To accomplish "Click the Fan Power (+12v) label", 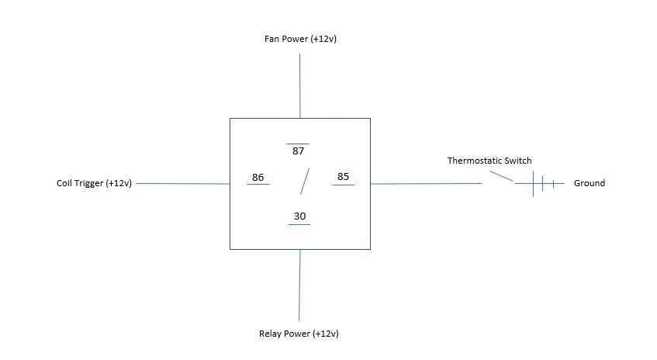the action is (x=300, y=39).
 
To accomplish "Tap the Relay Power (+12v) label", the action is (x=299, y=334).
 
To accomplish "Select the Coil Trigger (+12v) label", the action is (x=95, y=183).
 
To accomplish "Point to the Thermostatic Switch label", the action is (x=489, y=161).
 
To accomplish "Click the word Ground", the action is (x=589, y=183).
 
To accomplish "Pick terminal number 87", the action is (x=298, y=151).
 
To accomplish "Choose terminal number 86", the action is (x=258, y=177).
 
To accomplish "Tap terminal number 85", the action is (x=343, y=176).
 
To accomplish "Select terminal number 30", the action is (x=299, y=216).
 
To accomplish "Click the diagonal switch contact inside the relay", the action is (x=305, y=181).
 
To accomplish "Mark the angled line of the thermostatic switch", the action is (x=502, y=176).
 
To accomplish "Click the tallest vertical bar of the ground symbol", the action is (x=533, y=184).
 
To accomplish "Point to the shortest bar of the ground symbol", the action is (x=553, y=184).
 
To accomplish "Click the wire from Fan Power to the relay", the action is (x=299, y=86).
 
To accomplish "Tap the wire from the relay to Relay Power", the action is (x=299, y=285).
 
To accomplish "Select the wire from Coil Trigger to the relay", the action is (x=183, y=184).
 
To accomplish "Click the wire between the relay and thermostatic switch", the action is (x=426, y=184).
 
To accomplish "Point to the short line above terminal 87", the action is (x=298, y=144).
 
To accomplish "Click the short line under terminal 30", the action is (x=299, y=225).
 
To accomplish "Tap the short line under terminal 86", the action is (x=258, y=185).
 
